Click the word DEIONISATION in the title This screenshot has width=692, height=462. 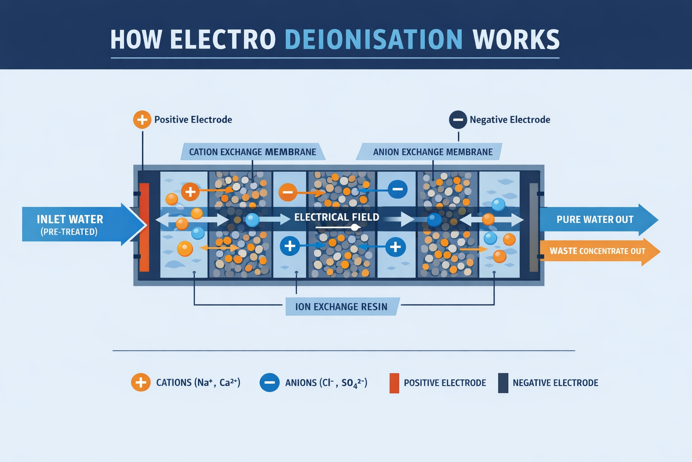(x=373, y=39)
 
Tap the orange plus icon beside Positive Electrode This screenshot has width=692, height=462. (x=142, y=120)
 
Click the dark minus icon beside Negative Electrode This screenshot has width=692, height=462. (x=458, y=120)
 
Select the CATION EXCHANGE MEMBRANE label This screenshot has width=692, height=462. (x=252, y=152)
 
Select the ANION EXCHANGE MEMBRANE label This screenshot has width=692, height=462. (x=432, y=152)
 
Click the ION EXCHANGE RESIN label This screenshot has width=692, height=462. (x=341, y=307)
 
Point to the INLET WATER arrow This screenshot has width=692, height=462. (x=77, y=225)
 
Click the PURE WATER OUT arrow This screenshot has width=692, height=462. (x=595, y=220)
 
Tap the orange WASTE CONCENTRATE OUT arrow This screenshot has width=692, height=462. (x=597, y=251)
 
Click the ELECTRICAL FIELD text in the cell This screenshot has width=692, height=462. (x=337, y=217)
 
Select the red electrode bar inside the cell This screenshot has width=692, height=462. (x=144, y=227)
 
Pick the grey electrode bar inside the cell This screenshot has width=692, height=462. (x=534, y=227)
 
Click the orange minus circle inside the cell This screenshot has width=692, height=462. (x=288, y=192)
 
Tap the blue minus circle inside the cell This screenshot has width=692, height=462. (x=397, y=189)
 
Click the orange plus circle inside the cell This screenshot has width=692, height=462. (x=190, y=192)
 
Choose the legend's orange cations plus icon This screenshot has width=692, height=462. (x=141, y=383)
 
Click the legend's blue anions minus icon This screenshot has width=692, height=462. (x=269, y=383)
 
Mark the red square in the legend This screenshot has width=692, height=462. (x=394, y=383)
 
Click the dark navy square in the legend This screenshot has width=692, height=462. (x=503, y=383)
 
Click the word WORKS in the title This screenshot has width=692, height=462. (x=516, y=39)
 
